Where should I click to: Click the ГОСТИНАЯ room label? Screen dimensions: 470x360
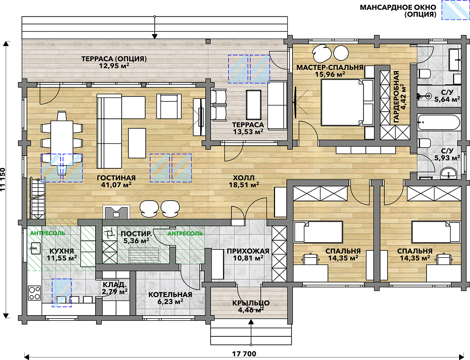tap(116, 178)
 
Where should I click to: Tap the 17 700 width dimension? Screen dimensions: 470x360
tap(244, 354)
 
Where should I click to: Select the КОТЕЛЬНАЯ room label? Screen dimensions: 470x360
tap(170, 295)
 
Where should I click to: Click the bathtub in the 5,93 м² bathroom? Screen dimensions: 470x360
tap(439, 123)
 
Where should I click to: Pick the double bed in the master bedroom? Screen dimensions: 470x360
tap(347, 102)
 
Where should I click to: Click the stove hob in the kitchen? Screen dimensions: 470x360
tap(34, 293)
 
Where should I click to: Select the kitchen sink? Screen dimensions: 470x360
tap(35, 248)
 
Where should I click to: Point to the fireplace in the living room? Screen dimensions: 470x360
tap(116, 212)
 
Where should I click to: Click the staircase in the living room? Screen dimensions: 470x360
tap(38, 199)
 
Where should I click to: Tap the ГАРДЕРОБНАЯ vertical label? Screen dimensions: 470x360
tap(396, 97)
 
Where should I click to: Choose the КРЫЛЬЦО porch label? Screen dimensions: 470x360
tap(251, 303)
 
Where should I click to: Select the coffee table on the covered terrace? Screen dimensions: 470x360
tap(254, 105)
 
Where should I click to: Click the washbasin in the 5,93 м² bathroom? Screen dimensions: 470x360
tap(448, 173)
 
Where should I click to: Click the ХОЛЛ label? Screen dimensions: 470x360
tap(244, 178)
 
